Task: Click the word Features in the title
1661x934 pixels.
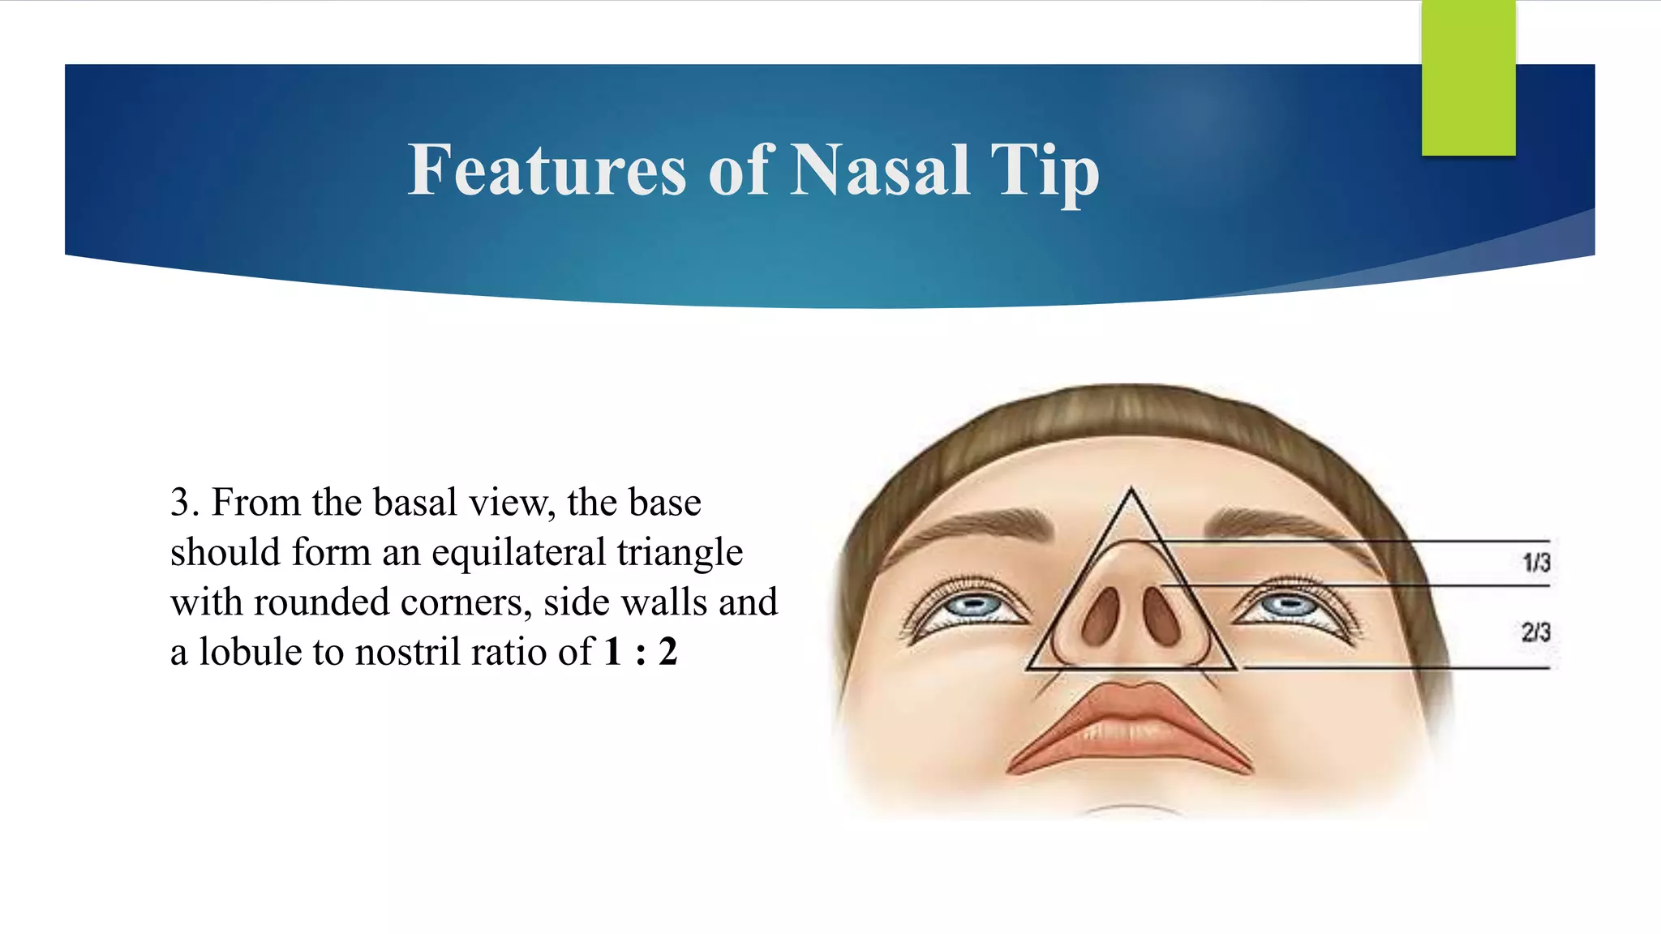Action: pyautogui.click(x=547, y=170)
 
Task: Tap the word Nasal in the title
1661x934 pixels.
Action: pyautogui.click(x=880, y=170)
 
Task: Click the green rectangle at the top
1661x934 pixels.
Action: pyautogui.click(x=1468, y=77)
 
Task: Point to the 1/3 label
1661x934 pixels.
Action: pyautogui.click(x=1535, y=562)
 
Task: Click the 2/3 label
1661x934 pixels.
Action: pyautogui.click(x=1535, y=632)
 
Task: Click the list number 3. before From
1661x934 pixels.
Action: pyautogui.click(x=185, y=503)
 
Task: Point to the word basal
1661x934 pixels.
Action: pyautogui.click(x=414, y=503)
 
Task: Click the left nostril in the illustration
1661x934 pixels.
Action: pyautogui.click(x=1100, y=616)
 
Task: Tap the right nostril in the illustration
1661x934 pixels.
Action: pyautogui.click(x=1162, y=616)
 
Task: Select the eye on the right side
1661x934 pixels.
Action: pyautogui.click(x=1290, y=605)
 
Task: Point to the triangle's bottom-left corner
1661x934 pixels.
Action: pyautogui.click(x=1028, y=669)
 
